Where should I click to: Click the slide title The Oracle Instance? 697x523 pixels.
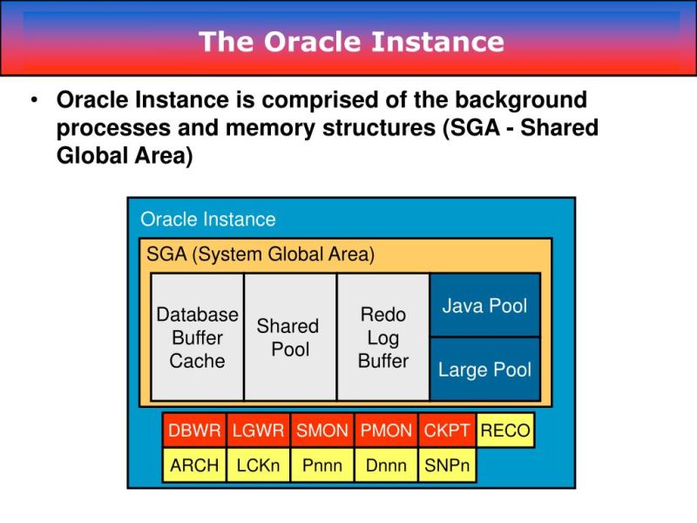pos(351,41)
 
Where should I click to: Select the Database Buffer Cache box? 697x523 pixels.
pos(197,337)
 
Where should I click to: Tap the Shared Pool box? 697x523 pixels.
pos(289,337)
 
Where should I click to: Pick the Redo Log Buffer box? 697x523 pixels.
pos(382,337)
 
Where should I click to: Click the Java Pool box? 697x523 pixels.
pos(484,305)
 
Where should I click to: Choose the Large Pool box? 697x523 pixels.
pos(484,370)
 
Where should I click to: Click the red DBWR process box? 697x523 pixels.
pos(194,431)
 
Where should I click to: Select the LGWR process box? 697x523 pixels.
pos(259,431)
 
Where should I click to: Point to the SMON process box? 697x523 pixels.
pos(322,431)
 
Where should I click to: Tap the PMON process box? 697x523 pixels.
pos(386,431)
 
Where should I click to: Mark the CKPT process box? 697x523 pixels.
pos(447,431)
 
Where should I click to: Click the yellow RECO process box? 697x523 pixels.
pos(505,431)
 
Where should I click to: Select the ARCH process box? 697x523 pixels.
pos(194,465)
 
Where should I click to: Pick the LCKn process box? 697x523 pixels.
pos(259,465)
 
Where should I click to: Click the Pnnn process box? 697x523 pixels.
pos(322,465)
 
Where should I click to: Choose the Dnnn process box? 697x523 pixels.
pos(386,465)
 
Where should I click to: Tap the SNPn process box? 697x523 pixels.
pos(447,465)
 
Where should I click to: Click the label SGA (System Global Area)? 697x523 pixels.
pos(261,255)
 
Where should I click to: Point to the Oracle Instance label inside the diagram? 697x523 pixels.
pos(207,220)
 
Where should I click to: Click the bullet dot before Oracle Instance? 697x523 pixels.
pos(34,101)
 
